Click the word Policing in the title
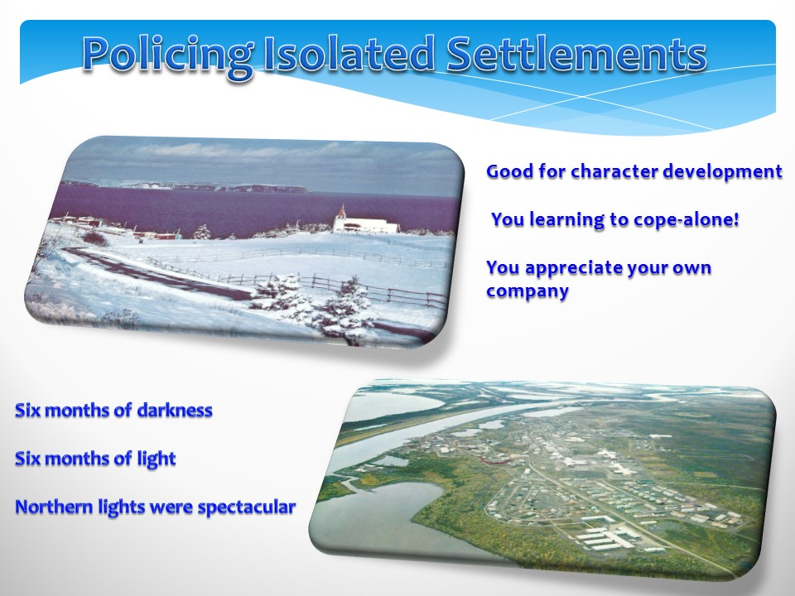[x=168, y=55]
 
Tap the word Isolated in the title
[x=349, y=53]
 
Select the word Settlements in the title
[x=576, y=53]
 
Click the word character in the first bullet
[x=614, y=171]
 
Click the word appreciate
[x=573, y=268]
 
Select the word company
[x=528, y=292]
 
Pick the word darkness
[x=175, y=410]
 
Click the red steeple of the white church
[x=341, y=211]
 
